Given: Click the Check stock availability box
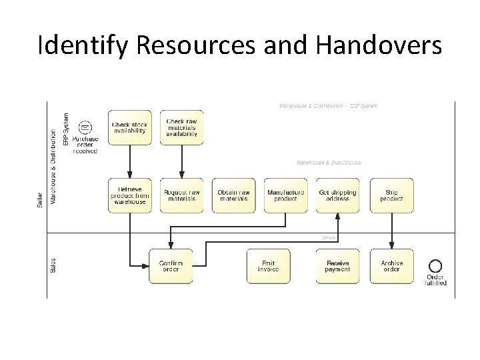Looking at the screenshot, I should coord(130,127).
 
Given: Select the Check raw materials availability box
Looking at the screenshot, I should coord(181,127).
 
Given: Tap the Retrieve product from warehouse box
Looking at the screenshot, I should coord(130,195).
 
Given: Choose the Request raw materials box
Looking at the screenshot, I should coord(181,195).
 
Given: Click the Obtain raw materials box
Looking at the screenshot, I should coord(233,195).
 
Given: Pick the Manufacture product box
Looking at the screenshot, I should coord(285,195).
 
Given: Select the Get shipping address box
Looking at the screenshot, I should coord(337,195).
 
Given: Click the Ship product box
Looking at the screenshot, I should coord(392,195).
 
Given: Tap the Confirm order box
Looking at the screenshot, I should coord(171,265).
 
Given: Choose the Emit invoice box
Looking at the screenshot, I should coord(268,265).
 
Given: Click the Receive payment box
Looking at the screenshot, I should coord(337,265).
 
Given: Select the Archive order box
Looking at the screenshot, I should coord(392,265).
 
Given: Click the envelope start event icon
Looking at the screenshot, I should coord(85,127).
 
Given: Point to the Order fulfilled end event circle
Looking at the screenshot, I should coord(436,265).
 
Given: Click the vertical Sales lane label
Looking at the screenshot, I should coord(53,265).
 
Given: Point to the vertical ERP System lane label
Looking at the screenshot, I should coord(65,129).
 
